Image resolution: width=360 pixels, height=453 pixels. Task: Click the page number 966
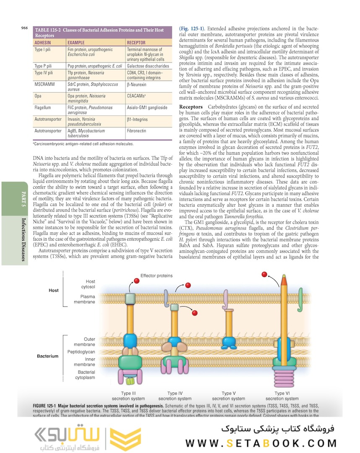click(x=24, y=28)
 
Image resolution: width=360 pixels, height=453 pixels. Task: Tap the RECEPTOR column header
click(x=137, y=42)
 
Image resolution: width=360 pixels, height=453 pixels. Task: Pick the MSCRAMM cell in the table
click(x=44, y=84)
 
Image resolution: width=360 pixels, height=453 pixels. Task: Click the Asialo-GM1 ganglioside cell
click(x=147, y=108)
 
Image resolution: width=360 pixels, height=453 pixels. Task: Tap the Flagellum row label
click(x=43, y=108)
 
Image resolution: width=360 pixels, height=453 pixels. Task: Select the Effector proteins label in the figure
click(x=157, y=276)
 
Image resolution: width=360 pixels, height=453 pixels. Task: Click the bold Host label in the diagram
click(x=53, y=290)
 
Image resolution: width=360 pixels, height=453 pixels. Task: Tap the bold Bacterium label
click(x=47, y=356)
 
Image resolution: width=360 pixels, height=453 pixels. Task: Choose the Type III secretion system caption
click(x=128, y=396)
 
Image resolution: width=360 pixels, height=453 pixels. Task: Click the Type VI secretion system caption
click(x=282, y=396)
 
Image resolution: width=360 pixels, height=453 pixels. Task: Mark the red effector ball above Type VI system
click(x=264, y=274)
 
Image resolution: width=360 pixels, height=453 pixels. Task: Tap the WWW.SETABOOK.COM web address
click(x=261, y=443)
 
